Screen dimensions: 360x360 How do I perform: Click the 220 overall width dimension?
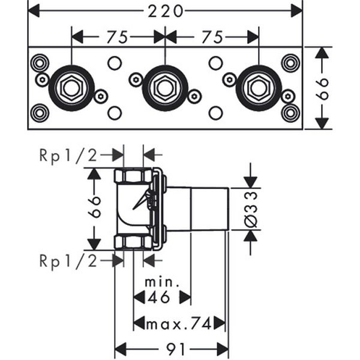pyautogui.click(x=164, y=10)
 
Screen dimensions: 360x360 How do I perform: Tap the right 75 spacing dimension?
pyautogui.click(x=212, y=37)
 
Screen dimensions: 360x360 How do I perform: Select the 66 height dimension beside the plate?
pyautogui.click(x=323, y=88)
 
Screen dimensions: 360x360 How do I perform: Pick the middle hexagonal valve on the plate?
pyautogui.click(x=164, y=88)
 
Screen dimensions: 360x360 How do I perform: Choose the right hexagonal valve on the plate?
pyautogui.click(x=258, y=88)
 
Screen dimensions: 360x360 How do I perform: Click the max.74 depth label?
pyautogui.click(x=179, y=324)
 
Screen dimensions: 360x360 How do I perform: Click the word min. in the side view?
pyautogui.click(x=161, y=281)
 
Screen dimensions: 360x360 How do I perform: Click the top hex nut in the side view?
pyautogui.click(x=133, y=176)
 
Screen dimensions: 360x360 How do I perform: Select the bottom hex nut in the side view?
pyautogui.click(x=133, y=241)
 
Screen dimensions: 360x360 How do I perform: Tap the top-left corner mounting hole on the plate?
pyautogui.click(x=40, y=62)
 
